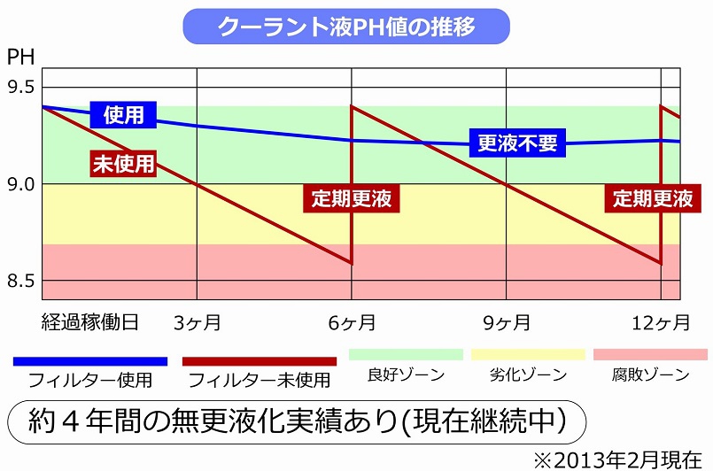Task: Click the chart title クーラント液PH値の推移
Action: [x=346, y=26]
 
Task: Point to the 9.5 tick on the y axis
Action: [x=21, y=87]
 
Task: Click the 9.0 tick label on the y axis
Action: [x=21, y=184]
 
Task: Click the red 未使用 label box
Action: [x=124, y=163]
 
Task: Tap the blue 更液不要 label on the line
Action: [x=518, y=143]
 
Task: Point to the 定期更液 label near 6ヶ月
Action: [x=351, y=198]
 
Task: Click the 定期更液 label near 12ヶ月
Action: [x=654, y=198]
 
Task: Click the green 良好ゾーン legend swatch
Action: [x=406, y=354]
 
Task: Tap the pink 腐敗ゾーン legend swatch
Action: [x=650, y=354]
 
